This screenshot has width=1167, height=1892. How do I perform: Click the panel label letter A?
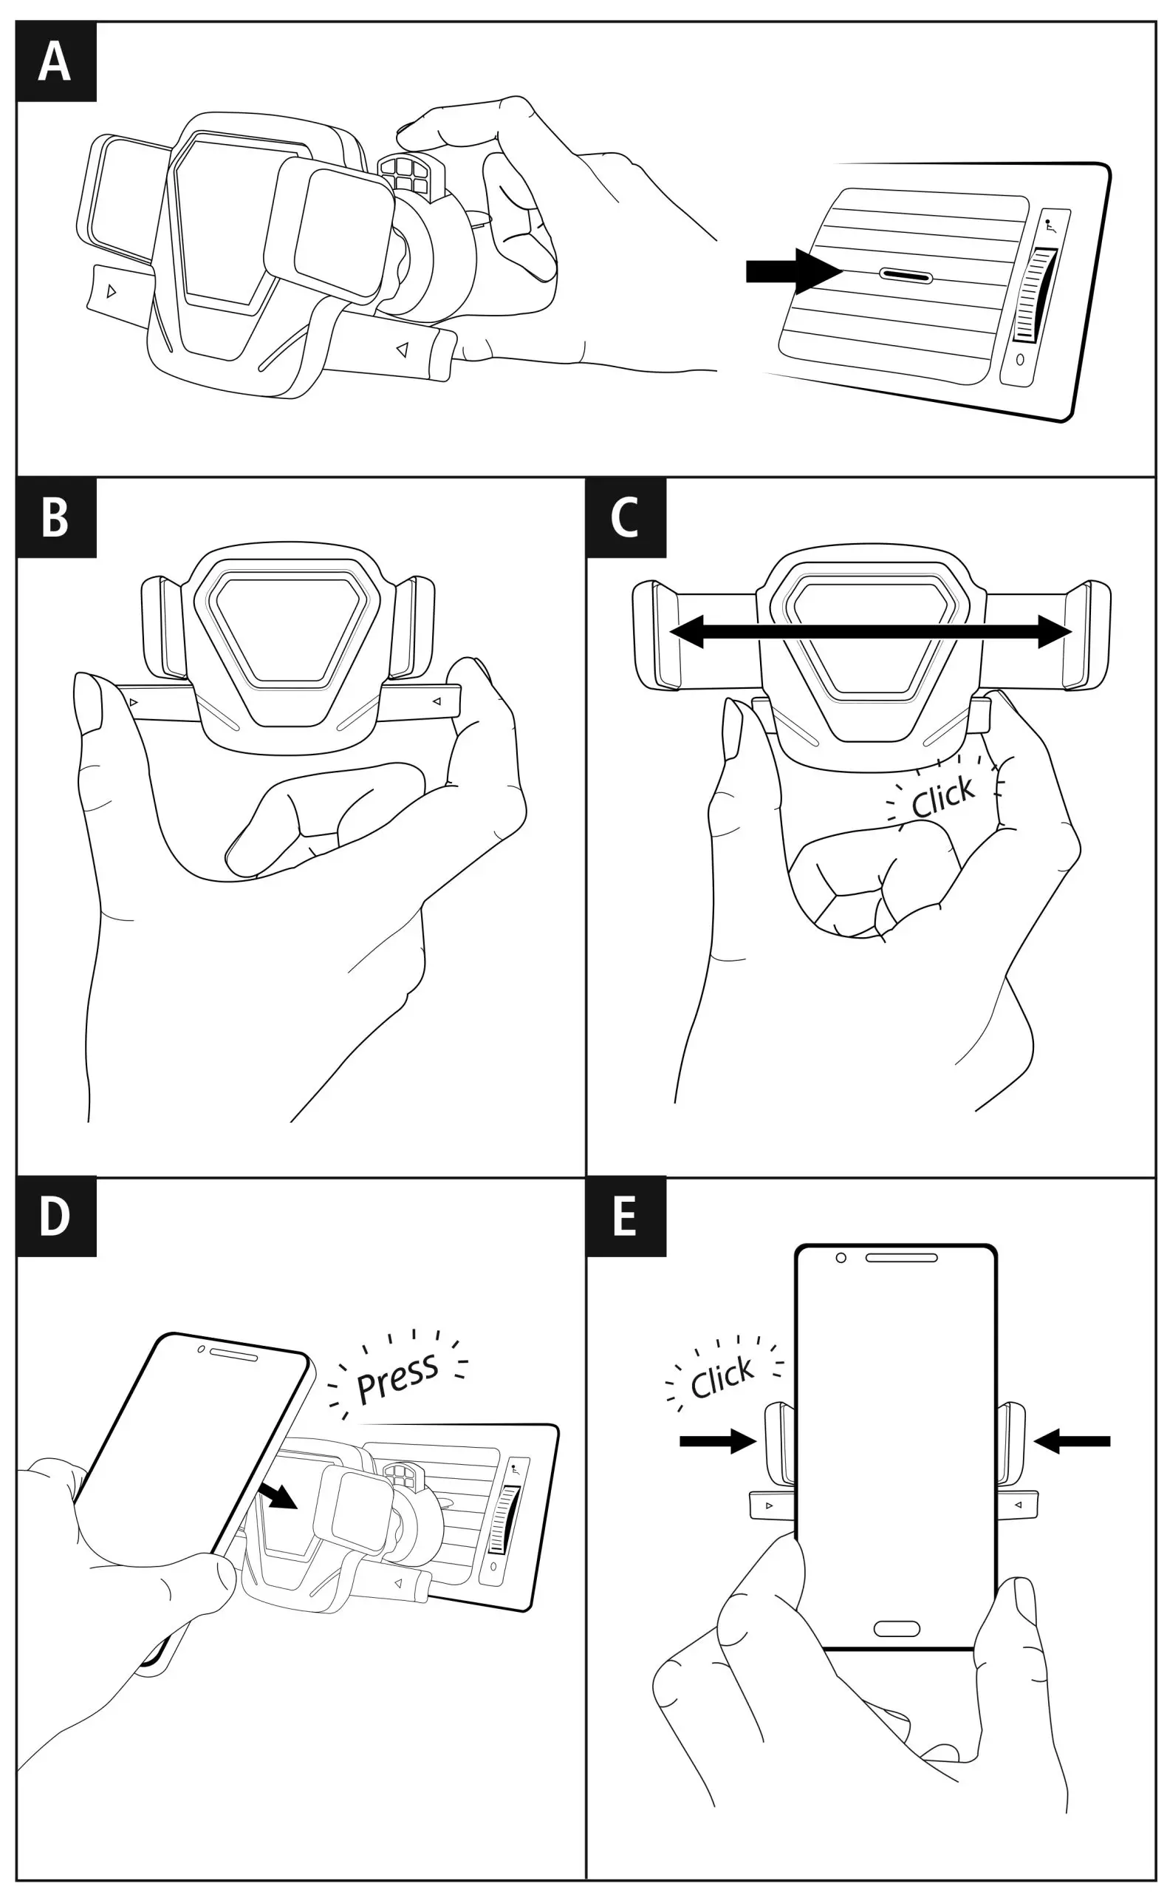pos(55,62)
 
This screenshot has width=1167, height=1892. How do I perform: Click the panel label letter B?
pos(55,517)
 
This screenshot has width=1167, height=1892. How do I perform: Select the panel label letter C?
pos(624,517)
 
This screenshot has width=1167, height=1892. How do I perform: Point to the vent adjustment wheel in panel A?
pos(1033,294)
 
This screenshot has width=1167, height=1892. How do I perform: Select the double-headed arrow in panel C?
pos(871,632)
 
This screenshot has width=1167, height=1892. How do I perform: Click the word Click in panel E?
pos(722,1377)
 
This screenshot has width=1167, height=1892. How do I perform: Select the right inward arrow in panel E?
pos(1071,1441)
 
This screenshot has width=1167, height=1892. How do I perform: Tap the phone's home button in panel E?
pos(896,1630)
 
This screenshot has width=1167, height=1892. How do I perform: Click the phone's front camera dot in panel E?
pos(841,1258)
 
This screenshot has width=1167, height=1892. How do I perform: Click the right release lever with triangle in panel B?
pos(422,701)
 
